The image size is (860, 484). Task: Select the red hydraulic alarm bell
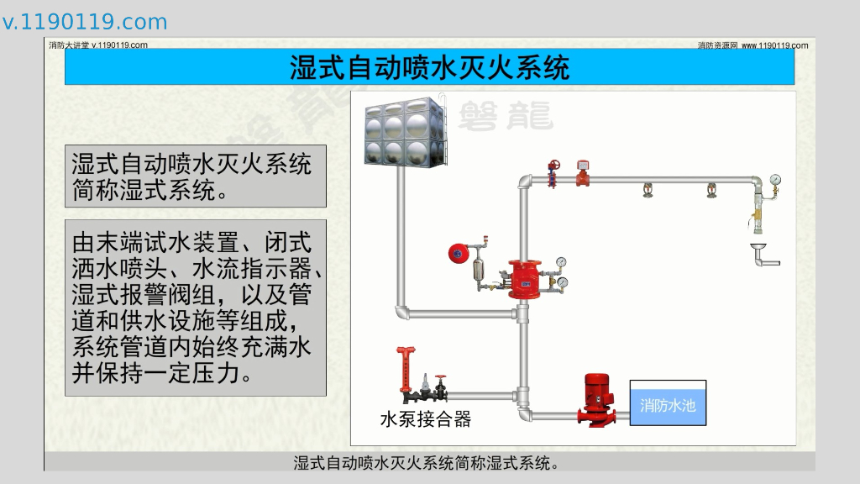(x=458, y=251)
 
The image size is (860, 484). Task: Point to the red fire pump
(x=597, y=398)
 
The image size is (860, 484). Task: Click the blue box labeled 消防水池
(x=668, y=406)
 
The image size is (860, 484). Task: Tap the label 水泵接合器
(x=426, y=419)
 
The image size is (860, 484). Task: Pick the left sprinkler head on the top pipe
(x=648, y=191)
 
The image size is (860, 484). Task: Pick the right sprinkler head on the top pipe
(x=711, y=191)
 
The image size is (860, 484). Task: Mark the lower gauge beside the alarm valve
(x=563, y=281)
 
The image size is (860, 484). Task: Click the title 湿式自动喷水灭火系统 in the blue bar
(x=429, y=67)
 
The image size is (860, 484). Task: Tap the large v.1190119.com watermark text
(x=85, y=22)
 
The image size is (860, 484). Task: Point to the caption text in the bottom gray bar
(x=427, y=462)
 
